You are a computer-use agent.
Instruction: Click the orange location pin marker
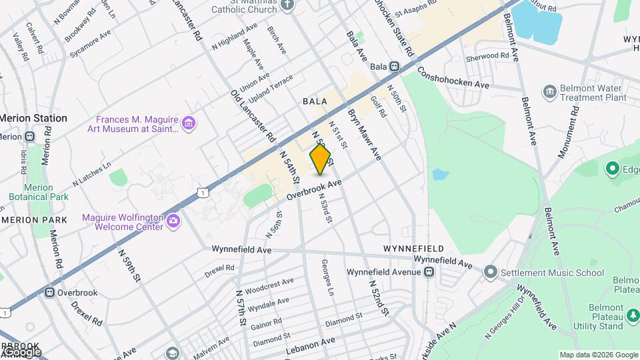(320, 159)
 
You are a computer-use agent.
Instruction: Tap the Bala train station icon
(395, 67)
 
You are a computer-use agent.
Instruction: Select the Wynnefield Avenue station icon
(429, 272)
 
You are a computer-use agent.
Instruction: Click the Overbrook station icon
(49, 293)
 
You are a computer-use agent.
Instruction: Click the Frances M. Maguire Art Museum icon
(189, 123)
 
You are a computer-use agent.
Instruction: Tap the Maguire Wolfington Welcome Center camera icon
(173, 221)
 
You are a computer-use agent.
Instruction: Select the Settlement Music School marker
(491, 272)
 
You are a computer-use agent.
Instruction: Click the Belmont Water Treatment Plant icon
(550, 91)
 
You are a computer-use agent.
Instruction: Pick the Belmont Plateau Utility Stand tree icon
(632, 315)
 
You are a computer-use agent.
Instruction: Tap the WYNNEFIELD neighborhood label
(413, 249)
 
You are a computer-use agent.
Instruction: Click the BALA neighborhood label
(315, 101)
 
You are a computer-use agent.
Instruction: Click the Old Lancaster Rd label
(253, 115)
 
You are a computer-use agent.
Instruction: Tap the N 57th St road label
(241, 307)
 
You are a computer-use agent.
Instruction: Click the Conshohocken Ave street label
(454, 78)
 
